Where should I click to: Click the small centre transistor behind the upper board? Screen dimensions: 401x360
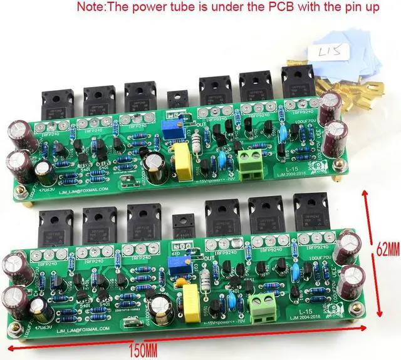coord(177,100)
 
